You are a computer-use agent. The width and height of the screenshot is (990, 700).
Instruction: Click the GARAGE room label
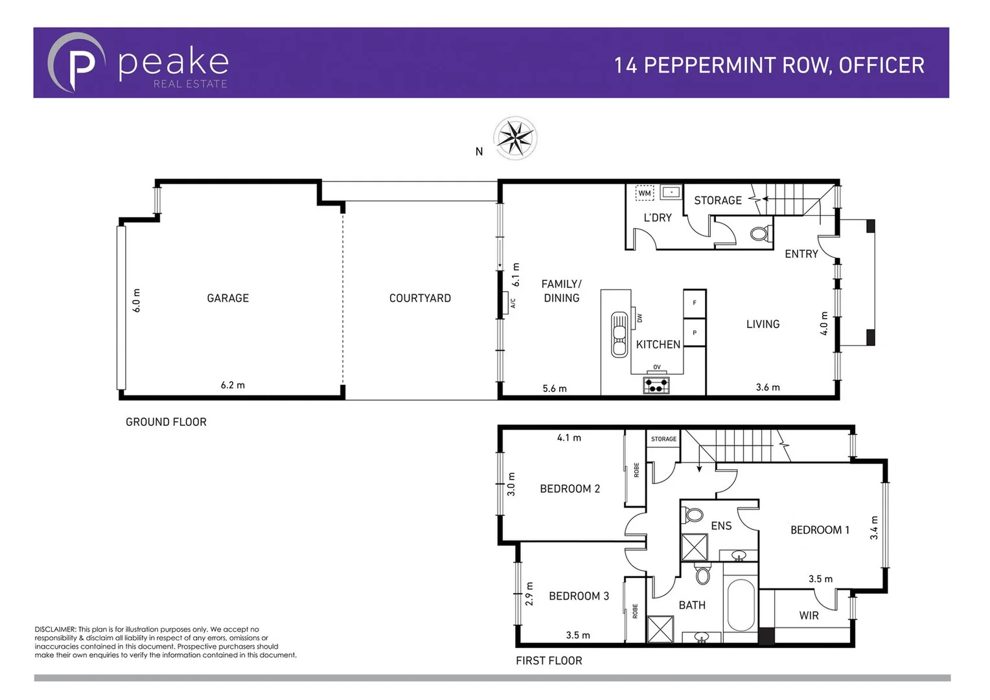pos(227,298)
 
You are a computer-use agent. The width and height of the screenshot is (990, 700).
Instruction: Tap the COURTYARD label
pos(420,298)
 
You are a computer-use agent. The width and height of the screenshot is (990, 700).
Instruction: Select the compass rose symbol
pos(515,138)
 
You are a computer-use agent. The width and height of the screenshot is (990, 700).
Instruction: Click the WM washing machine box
pos(645,193)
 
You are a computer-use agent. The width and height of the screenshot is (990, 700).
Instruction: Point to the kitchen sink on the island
pos(620,334)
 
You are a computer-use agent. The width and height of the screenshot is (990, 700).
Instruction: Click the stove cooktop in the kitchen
pos(656,386)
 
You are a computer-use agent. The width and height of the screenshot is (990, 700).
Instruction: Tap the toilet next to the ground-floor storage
pos(760,233)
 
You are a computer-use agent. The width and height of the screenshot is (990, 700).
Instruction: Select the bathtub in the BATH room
pos(741,605)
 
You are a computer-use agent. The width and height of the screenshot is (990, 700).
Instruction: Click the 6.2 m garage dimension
pos(233,385)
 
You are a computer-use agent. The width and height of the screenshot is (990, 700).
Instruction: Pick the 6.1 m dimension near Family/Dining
pos(516,275)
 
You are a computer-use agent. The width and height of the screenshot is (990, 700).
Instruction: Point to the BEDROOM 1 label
pos(820,530)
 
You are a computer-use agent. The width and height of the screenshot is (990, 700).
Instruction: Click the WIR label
pos(809,616)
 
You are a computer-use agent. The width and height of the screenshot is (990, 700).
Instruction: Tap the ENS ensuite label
pos(721,526)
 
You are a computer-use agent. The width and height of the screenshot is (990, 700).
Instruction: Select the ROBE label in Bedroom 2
pos(636,470)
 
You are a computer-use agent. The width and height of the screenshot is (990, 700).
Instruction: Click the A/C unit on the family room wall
pos(506,303)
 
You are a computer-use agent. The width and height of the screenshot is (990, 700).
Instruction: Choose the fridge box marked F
pos(695,303)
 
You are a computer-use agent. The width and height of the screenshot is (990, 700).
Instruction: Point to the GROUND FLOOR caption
pos(166,422)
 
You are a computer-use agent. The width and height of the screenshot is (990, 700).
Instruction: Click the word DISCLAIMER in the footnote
pos(55,629)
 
